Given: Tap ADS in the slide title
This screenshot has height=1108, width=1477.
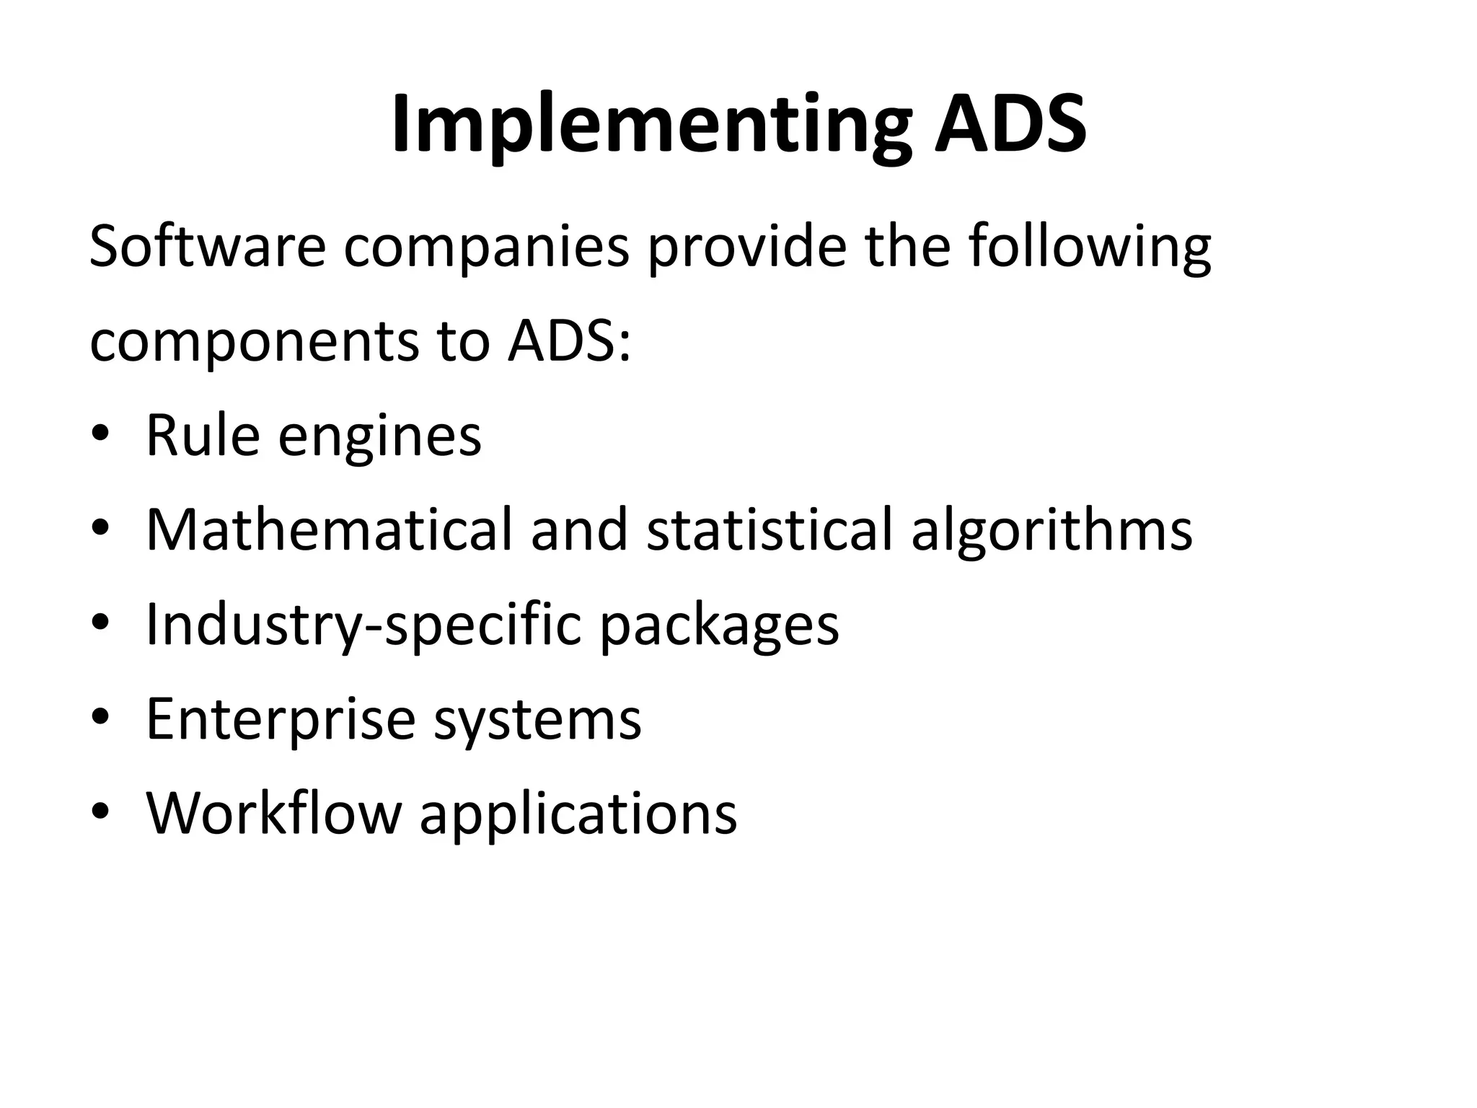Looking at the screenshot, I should (x=1010, y=124).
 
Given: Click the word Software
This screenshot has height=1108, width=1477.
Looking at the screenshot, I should (x=208, y=247).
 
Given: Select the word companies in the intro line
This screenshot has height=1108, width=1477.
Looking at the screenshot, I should (x=487, y=247).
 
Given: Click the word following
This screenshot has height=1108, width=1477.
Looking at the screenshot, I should (x=1089, y=247).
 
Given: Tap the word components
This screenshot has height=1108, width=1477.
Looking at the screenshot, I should (x=254, y=341).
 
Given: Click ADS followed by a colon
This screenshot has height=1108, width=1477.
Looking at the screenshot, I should (x=568, y=341).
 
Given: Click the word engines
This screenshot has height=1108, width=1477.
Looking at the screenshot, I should (x=379, y=436).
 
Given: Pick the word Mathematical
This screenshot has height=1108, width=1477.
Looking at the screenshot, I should (x=329, y=529).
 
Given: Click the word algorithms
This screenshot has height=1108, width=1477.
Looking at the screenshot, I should (x=1051, y=529).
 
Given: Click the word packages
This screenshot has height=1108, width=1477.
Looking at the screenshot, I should (x=719, y=625).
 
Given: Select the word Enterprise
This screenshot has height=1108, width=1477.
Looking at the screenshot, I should (x=281, y=719).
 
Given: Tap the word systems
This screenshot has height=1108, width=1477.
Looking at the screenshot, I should (x=537, y=719).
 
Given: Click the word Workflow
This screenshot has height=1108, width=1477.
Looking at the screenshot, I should (x=273, y=813).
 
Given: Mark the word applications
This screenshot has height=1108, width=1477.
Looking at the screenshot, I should (x=578, y=814).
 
